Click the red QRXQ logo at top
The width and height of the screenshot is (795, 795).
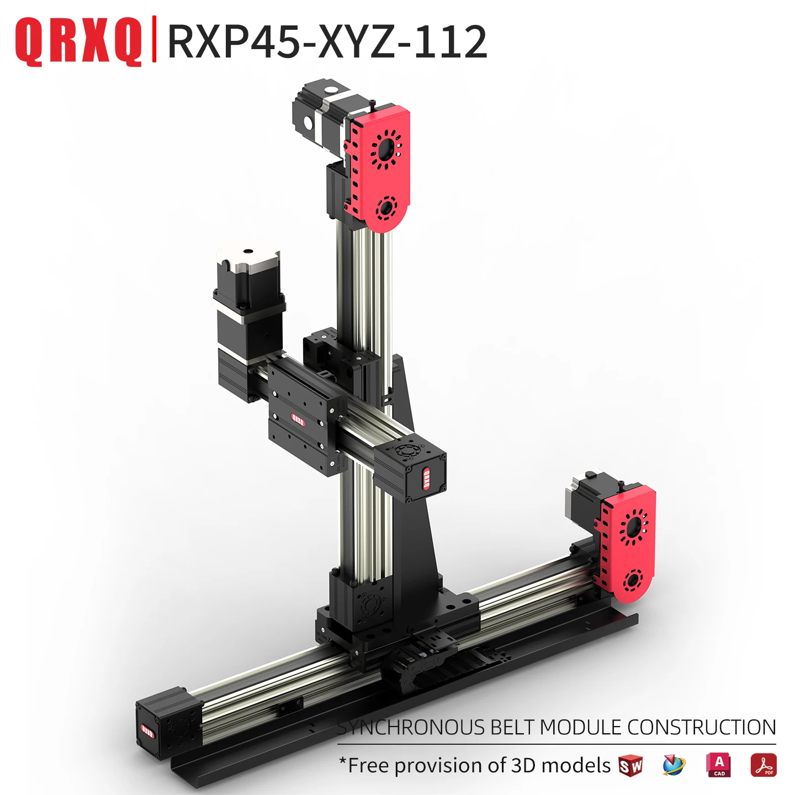point(78,41)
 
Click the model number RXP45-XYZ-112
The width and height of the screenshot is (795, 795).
point(327,41)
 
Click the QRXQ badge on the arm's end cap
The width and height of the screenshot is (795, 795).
point(426,478)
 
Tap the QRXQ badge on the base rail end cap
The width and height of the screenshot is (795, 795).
point(147,730)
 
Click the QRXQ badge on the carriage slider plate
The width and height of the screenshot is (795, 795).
point(298,420)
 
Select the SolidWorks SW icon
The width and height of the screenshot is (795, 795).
point(630,766)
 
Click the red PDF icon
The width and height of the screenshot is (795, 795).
point(763,765)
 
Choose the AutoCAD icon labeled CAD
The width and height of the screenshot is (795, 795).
point(719,765)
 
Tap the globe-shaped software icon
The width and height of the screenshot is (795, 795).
point(674,766)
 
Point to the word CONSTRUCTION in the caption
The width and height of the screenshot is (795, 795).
point(701,728)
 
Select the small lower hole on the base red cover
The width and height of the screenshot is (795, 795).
point(632,580)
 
